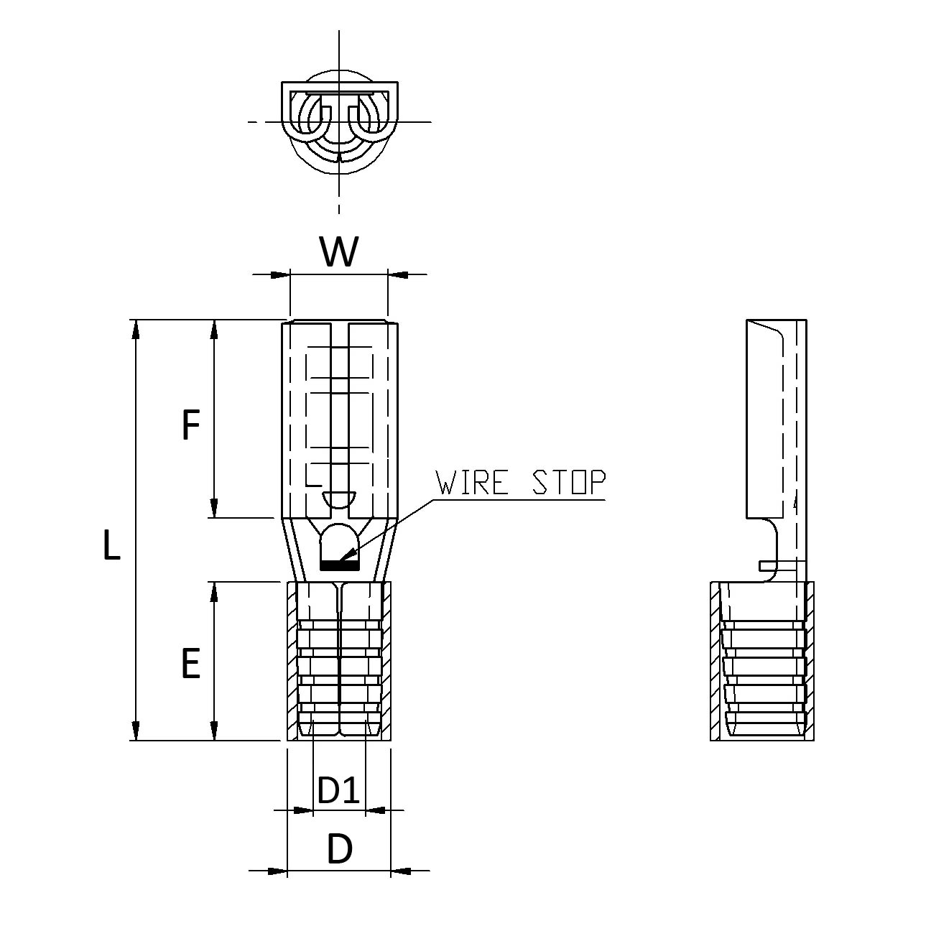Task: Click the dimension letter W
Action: [x=338, y=252]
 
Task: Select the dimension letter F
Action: [x=190, y=425]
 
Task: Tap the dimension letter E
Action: [x=190, y=663]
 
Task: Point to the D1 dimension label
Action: [x=338, y=791]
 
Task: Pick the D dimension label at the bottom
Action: [x=340, y=850]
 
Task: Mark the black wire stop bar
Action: [x=339, y=566]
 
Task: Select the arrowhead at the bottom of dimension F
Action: [x=213, y=509]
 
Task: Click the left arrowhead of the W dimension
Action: [x=279, y=274]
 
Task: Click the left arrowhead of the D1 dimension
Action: [x=305, y=811]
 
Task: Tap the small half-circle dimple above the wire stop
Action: [x=339, y=498]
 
